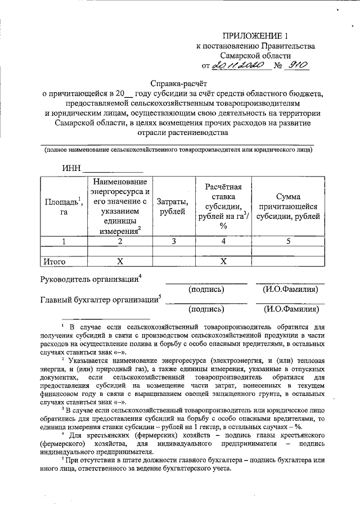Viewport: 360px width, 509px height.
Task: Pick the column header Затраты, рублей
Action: (172, 206)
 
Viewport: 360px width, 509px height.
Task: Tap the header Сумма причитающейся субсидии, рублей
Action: (288, 206)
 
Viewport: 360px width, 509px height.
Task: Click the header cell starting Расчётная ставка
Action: (223, 206)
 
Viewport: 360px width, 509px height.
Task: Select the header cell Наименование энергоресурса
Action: (120, 206)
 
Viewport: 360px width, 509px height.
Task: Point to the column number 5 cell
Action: (288, 241)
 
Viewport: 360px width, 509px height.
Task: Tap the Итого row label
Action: (55, 262)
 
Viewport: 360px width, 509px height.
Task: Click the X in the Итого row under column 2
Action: (119, 262)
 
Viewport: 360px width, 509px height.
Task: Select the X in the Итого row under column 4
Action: (223, 262)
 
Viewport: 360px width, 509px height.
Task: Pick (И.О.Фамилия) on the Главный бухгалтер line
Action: (290, 309)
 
